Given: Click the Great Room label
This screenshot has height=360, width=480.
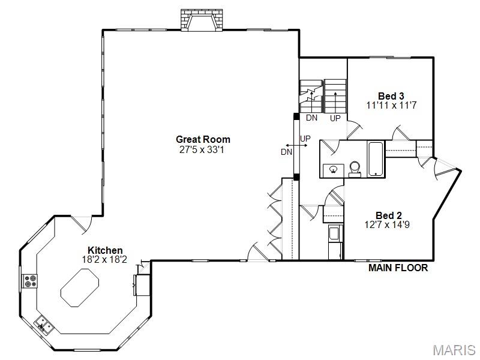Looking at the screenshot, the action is click(203, 140).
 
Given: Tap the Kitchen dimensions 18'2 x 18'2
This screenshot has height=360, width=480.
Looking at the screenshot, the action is click(104, 260).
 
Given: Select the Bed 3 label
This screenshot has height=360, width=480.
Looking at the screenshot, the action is click(391, 96).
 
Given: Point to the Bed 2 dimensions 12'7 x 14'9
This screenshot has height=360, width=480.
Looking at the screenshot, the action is click(387, 225).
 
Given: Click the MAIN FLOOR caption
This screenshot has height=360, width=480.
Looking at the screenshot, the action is click(398, 268).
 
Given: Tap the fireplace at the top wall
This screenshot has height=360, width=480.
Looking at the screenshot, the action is click(202, 20).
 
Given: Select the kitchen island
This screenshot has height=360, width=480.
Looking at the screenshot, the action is click(80, 288).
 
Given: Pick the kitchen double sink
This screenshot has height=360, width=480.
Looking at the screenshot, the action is click(44, 325).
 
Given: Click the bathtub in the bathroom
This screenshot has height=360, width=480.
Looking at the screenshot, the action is click(376, 159).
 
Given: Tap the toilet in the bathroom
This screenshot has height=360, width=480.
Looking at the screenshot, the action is click(355, 169).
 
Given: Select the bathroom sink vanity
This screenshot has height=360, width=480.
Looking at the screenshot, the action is click(334, 170).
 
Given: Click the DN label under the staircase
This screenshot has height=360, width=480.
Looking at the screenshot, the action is click(311, 118).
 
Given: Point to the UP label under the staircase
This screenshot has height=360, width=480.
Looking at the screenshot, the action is click(335, 118).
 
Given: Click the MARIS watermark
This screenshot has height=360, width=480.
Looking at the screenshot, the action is click(454, 350).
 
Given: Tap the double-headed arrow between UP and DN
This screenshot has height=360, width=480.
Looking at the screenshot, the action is click(296, 145).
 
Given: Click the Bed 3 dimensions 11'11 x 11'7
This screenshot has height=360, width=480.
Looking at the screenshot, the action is click(392, 106).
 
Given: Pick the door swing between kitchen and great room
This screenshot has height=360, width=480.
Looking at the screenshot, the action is click(82, 224).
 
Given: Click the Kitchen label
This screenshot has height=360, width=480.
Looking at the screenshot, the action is click(105, 250).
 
